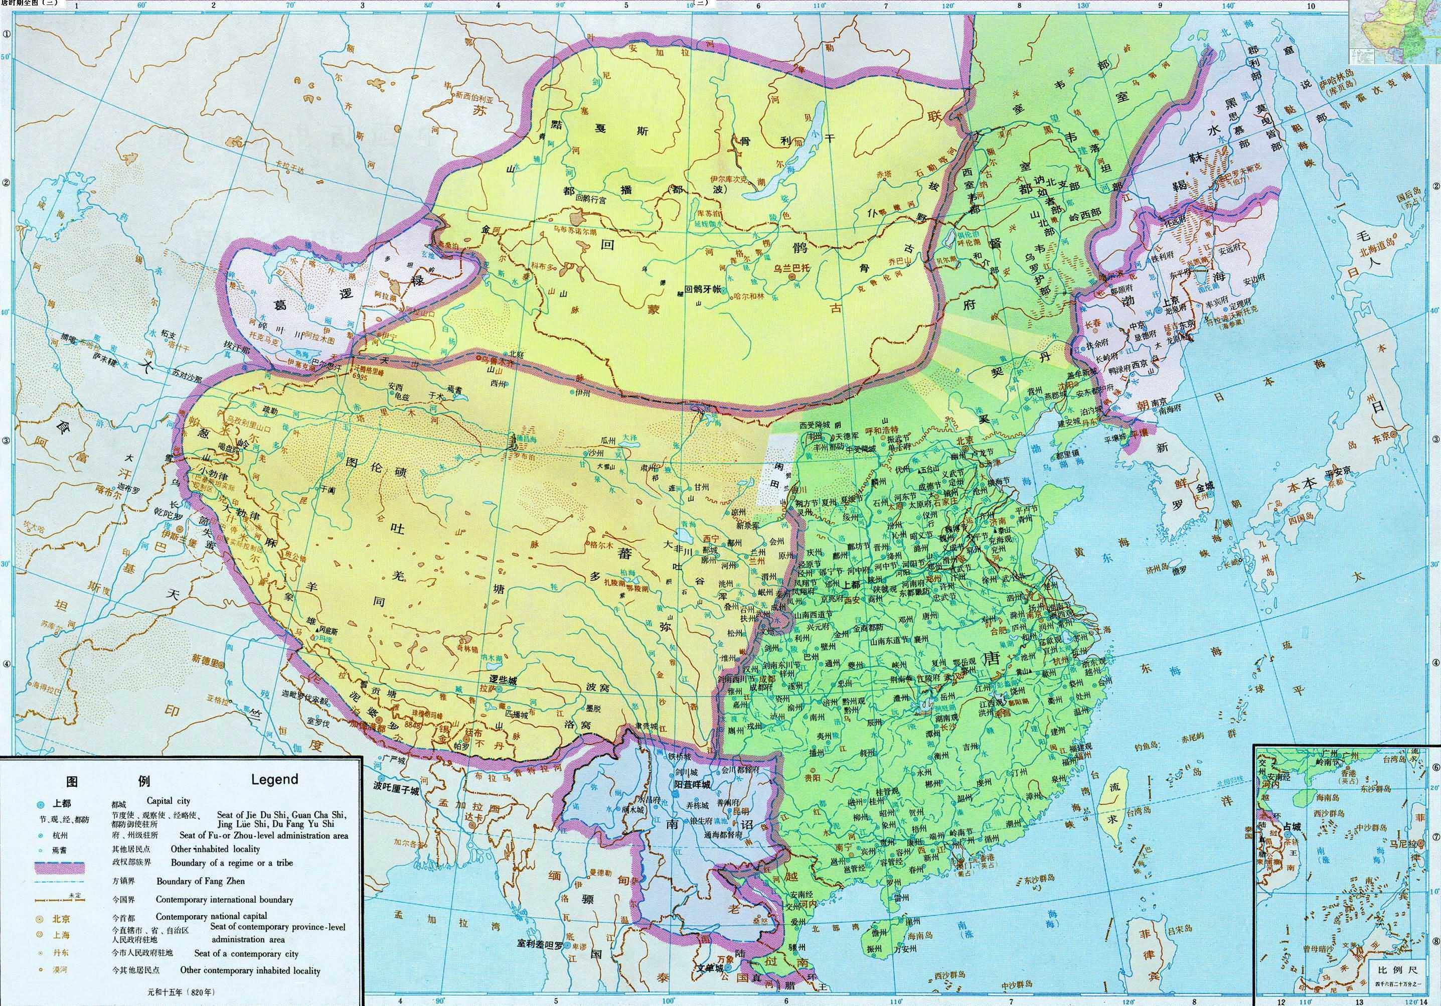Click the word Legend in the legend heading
coord(274,779)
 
